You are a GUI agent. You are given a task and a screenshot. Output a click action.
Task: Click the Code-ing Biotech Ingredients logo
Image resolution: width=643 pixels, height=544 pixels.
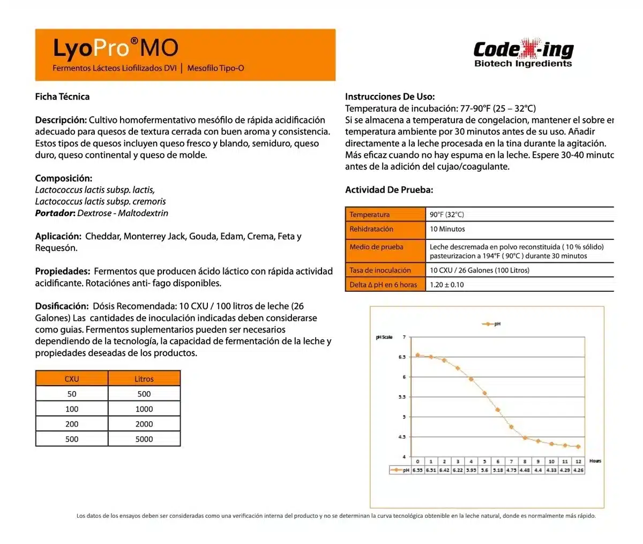523,54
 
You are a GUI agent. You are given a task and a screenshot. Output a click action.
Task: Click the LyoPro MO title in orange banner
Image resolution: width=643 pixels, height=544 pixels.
115,48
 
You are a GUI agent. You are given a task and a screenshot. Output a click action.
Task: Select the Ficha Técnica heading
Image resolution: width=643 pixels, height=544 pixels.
62,97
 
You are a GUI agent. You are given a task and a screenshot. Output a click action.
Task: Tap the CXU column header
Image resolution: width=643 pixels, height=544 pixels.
72,379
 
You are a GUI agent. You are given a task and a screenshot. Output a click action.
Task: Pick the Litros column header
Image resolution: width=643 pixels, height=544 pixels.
144,379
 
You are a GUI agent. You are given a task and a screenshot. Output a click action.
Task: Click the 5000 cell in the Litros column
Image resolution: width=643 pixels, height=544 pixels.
144,439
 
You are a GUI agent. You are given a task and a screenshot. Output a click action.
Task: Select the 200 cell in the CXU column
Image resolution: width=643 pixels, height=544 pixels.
72,424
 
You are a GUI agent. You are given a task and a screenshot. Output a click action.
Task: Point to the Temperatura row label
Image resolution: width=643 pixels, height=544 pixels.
370,215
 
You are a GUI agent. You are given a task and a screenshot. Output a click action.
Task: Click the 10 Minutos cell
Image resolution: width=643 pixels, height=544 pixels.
447,229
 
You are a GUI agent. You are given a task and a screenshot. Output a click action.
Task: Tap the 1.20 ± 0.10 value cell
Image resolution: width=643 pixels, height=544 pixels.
447,285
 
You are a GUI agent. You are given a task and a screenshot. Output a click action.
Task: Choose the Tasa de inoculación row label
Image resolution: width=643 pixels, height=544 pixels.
380,270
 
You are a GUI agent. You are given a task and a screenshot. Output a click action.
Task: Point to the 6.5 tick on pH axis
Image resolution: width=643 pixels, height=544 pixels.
402,357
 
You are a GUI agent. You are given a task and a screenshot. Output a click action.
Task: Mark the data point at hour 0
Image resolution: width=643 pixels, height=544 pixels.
417,355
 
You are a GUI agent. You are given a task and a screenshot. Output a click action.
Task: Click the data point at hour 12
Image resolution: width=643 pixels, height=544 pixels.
578,446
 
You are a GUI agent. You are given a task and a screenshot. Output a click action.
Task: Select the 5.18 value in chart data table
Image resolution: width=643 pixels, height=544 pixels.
498,470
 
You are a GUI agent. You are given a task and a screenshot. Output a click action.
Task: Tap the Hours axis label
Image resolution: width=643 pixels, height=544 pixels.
595,461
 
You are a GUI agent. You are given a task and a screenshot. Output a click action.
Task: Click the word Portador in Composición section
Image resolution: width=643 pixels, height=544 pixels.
54,213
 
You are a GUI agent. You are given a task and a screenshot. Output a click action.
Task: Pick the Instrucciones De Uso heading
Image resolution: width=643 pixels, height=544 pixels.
390,97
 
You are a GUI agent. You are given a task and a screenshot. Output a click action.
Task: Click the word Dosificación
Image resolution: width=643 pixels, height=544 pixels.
62,306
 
